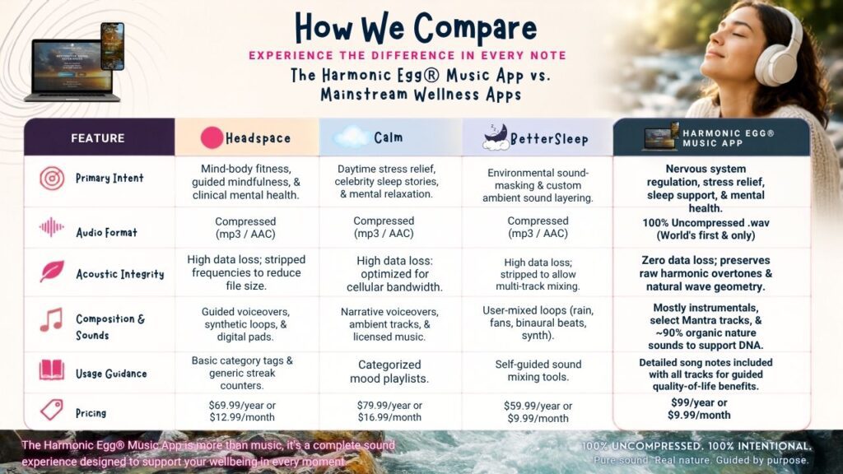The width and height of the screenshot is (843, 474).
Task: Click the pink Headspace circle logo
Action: tap(212, 137)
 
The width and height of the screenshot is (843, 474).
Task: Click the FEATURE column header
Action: tap(98, 138)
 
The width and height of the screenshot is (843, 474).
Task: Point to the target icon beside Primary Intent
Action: tap(52, 179)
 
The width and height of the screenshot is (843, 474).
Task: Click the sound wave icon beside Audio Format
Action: tap(52, 227)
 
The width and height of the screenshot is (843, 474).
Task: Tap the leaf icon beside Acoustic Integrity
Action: tap(52, 272)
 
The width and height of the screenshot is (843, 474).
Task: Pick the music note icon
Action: tap(51, 319)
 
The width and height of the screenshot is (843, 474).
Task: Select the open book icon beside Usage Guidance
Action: tap(52, 369)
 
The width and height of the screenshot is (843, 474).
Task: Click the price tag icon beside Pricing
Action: tap(52, 410)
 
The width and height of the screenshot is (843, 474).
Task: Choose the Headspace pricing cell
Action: tap(242, 411)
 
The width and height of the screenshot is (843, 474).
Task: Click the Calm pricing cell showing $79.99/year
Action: tap(389, 411)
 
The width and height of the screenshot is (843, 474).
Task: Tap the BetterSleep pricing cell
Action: tap(538, 412)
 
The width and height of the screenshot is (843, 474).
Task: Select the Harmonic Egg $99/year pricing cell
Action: tap(699, 409)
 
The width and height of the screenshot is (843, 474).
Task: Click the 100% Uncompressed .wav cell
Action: tap(706, 229)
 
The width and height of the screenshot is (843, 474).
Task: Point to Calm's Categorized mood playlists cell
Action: tap(389, 371)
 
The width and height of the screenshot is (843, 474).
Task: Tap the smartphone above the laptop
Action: tap(112, 46)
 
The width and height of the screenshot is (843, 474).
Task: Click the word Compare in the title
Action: tap(475, 29)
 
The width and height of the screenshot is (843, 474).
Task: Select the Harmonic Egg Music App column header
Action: tap(711, 137)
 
